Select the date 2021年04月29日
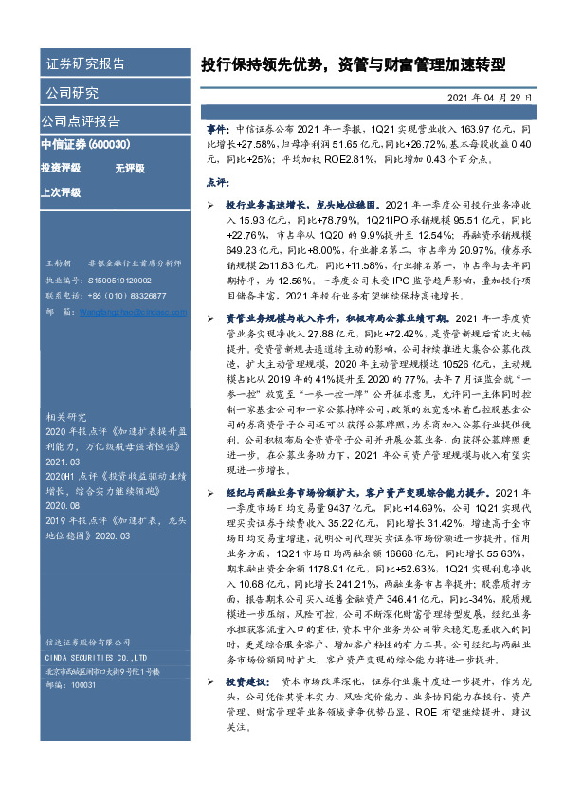coord(495,98)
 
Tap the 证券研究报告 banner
coord(85,64)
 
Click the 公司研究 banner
coord(71,93)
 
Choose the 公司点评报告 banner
coord(81,121)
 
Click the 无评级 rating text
coord(129,168)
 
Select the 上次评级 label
coord(61,190)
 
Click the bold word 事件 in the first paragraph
coord(217,125)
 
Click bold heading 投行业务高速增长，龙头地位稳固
coord(300,204)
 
